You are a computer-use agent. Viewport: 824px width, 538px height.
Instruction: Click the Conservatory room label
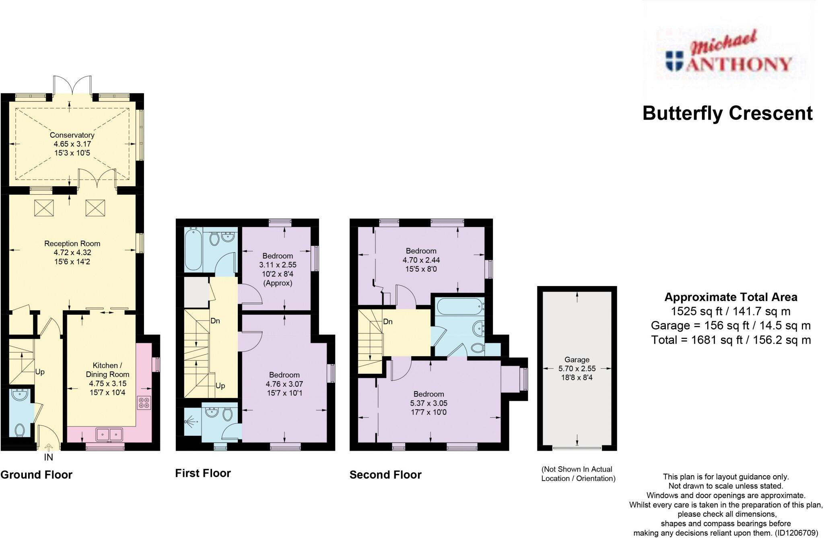pos(72,135)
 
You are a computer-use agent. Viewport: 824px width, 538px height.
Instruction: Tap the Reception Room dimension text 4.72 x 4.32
pos(72,253)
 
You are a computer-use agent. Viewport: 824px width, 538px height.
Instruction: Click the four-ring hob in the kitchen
pos(144,403)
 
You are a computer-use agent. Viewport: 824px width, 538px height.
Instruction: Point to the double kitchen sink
pos(109,435)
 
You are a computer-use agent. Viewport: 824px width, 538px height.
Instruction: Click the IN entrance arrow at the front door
pos(48,447)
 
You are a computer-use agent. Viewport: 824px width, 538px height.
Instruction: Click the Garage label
pos(577,360)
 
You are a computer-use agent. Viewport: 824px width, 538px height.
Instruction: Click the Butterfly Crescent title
pos(727,113)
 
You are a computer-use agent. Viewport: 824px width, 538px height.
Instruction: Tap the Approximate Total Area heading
pos(731,297)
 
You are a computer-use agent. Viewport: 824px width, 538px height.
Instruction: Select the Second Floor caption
pos(385,475)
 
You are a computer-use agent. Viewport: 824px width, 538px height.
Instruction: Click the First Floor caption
pos(203,473)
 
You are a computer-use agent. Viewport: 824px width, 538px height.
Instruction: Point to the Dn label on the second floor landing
pos(388,322)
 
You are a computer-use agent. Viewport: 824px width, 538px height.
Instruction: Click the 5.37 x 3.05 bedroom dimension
pos(429,403)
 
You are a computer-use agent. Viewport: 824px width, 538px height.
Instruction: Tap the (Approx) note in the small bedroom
pos(278,283)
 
